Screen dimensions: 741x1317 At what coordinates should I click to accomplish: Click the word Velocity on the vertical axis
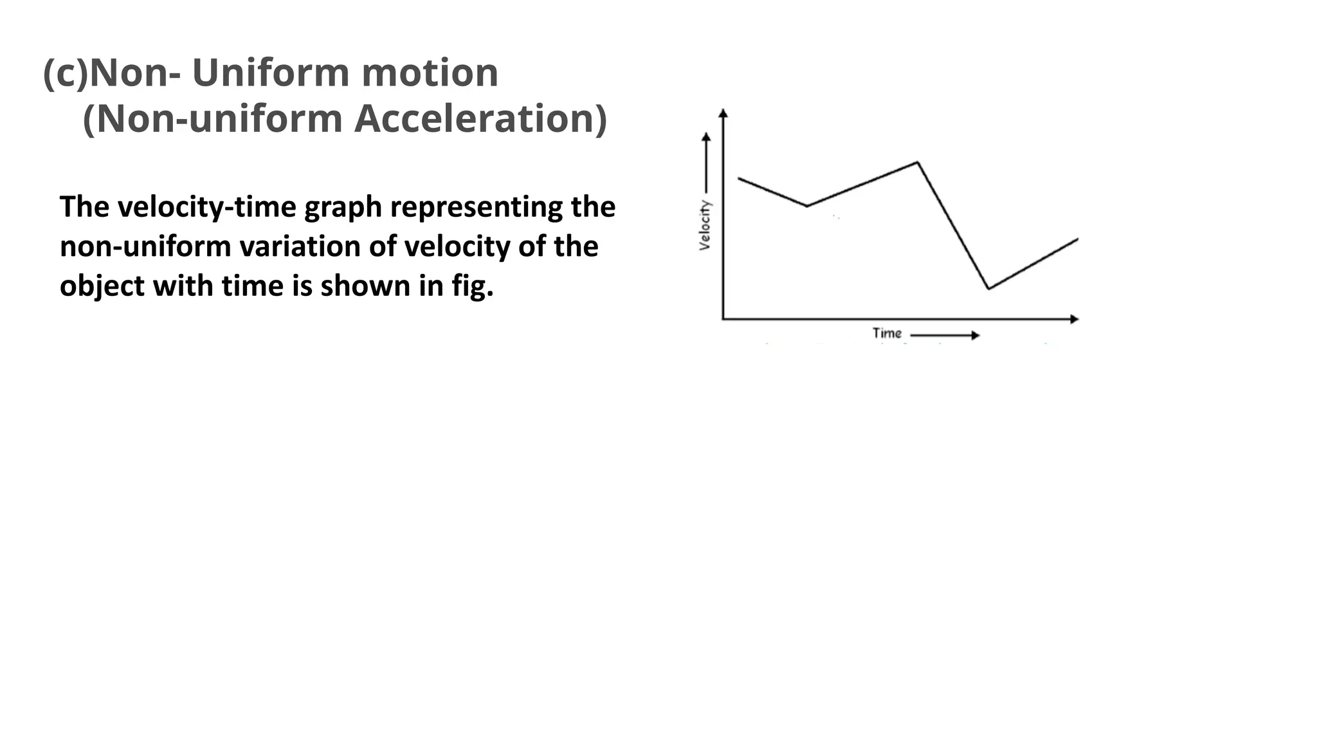tap(705, 224)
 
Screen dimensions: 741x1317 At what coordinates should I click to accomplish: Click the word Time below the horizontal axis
tap(887, 333)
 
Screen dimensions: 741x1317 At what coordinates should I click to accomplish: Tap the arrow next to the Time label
tap(945, 335)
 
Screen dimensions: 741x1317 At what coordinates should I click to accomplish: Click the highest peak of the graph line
tap(917, 162)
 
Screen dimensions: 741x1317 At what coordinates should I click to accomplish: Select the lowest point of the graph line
tap(988, 289)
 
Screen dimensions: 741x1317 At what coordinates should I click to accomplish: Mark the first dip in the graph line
tap(807, 206)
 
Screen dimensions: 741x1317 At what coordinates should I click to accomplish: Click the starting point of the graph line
tap(739, 178)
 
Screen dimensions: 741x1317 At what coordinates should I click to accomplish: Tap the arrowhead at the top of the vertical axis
tap(723, 113)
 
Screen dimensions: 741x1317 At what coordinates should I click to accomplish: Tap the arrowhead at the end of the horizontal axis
tap(1074, 319)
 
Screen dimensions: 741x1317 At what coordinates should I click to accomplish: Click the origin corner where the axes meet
tap(723, 318)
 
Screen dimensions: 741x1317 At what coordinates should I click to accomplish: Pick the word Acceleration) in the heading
tap(480, 119)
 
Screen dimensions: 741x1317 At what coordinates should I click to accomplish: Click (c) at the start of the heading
tap(65, 73)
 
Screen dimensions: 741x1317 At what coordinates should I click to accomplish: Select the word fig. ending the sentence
tap(472, 286)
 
